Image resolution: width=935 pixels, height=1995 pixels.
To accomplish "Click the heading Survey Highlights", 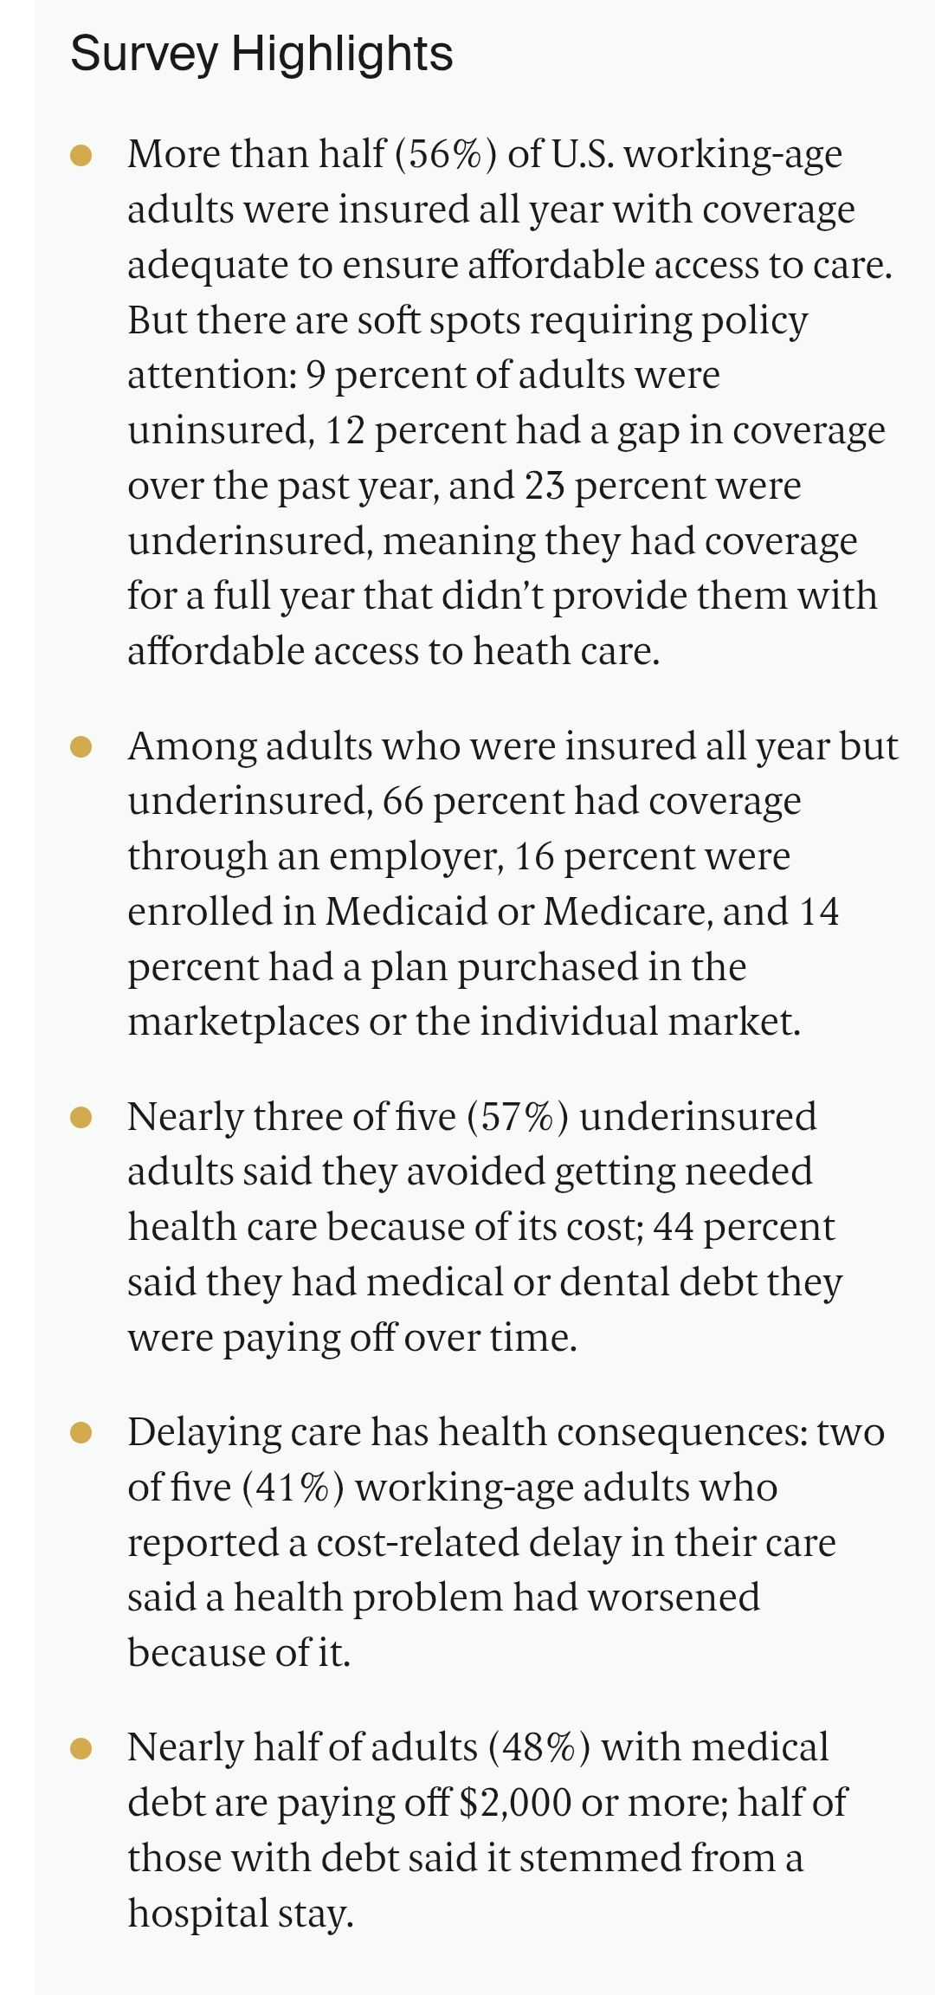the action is [261, 54].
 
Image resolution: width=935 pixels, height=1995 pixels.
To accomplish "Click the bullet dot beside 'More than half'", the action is [81, 155].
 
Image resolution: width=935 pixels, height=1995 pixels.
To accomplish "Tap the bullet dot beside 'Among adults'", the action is [81, 746].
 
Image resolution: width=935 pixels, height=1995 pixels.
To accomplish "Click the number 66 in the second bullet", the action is [403, 801].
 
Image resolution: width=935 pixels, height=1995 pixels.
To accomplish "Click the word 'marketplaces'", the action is [243, 1023].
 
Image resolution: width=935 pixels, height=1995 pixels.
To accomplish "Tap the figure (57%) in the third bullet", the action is [518, 1117].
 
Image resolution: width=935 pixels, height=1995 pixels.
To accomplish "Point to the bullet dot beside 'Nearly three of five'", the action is [81, 1117].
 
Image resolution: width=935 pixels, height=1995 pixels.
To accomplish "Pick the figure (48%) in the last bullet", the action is [539, 1747].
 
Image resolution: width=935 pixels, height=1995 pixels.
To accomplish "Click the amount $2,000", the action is [515, 1803].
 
